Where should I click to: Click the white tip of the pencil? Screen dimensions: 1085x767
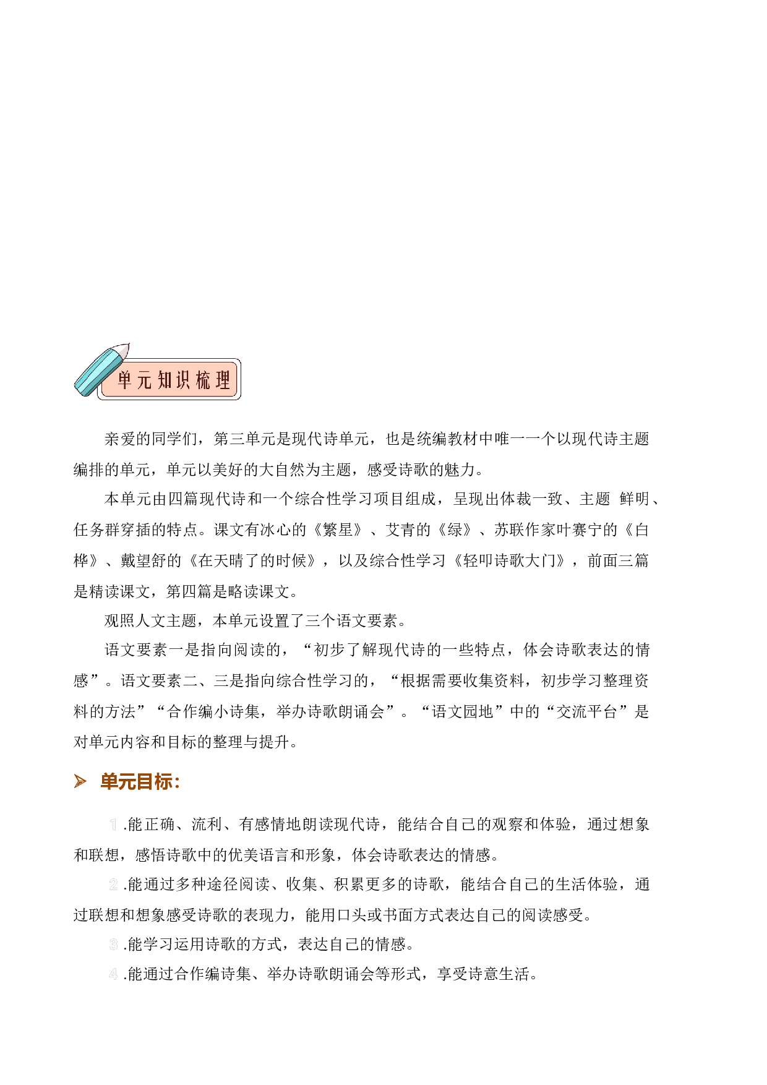[x=122, y=351]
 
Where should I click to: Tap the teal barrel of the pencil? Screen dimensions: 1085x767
[x=96, y=373]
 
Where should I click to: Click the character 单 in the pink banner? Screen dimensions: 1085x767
[x=125, y=380]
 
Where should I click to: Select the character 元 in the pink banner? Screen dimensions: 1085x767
[x=144, y=380]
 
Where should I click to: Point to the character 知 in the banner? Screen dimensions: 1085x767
[x=165, y=380]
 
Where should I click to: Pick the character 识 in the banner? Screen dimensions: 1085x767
[x=183, y=380]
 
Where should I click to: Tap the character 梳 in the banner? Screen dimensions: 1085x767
[x=203, y=380]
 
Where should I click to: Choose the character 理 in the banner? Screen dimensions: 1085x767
[x=223, y=380]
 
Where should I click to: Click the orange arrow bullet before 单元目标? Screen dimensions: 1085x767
[x=80, y=781]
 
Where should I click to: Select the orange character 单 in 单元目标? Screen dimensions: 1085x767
[x=109, y=781]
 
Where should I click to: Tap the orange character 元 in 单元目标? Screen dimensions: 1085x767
[x=127, y=781]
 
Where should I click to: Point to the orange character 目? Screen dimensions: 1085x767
[x=145, y=781]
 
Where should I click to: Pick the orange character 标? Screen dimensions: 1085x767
[x=163, y=781]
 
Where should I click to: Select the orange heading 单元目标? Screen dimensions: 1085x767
[x=140, y=781]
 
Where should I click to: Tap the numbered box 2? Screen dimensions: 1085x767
[x=113, y=884]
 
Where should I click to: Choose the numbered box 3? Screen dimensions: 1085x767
[x=113, y=944]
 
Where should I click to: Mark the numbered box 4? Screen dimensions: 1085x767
[x=113, y=974]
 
